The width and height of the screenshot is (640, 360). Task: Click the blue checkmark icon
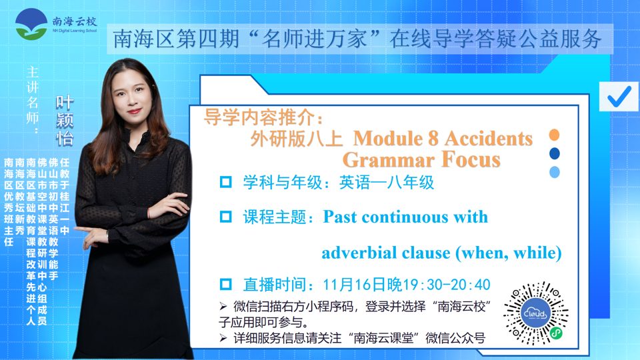(x=619, y=97)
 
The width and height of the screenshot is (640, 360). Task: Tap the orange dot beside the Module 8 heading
(x=554, y=135)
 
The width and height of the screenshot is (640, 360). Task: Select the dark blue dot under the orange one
(x=554, y=153)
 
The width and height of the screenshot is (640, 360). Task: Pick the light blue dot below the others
(x=554, y=172)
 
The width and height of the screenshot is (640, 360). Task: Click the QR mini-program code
(x=536, y=313)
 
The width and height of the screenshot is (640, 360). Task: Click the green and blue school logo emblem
(x=31, y=24)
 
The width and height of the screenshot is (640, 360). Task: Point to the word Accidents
(x=488, y=139)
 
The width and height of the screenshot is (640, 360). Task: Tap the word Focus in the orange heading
(x=471, y=159)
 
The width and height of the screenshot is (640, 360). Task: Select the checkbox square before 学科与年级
(x=226, y=182)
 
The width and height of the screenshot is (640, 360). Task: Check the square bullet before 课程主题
(x=226, y=217)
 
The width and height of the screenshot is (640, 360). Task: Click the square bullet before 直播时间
(x=226, y=284)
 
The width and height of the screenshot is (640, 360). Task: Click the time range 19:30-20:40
(x=447, y=285)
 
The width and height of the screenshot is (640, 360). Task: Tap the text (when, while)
(x=509, y=253)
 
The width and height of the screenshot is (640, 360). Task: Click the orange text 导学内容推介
(x=259, y=117)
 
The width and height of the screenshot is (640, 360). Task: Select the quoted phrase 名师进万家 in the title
(x=315, y=39)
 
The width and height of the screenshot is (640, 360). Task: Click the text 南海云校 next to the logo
(x=75, y=21)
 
